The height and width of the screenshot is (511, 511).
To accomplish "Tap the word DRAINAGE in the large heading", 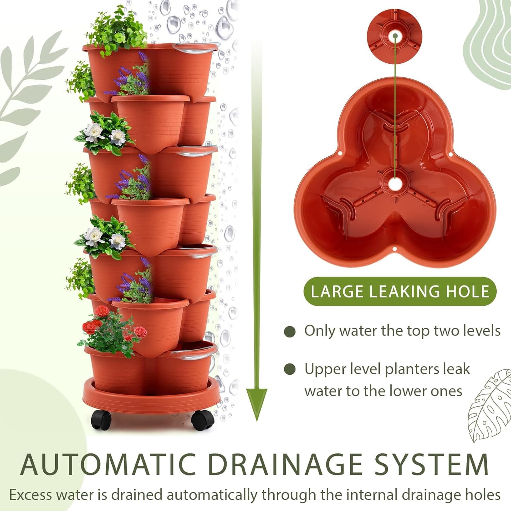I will tap(285, 464).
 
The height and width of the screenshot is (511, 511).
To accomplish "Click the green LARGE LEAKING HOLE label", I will tap(400, 292).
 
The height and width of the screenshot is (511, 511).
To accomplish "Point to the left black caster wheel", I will tap(101, 419).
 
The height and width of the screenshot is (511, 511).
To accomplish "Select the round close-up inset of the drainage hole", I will tap(394, 36).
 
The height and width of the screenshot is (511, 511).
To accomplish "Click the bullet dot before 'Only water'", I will tap(290, 331).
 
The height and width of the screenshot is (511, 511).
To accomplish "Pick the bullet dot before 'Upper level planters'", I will tap(290, 369).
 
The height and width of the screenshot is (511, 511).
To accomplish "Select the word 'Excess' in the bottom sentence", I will tap(31, 495).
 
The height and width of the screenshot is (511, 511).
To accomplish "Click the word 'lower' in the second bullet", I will tap(409, 391).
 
